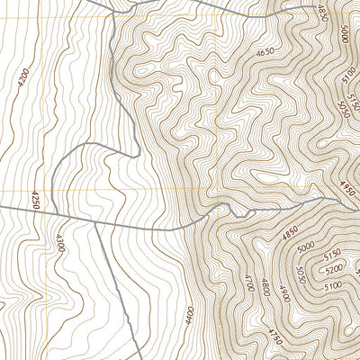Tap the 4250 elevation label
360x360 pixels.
(x=35, y=199)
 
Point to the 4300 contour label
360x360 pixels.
(x=59, y=243)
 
